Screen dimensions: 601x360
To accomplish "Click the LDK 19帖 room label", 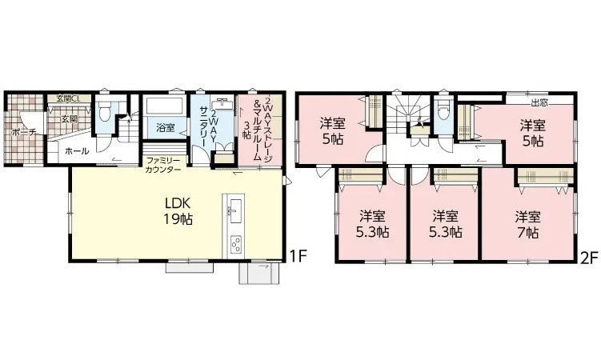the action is (x=178, y=211).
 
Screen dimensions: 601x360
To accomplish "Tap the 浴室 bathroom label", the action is (x=166, y=127).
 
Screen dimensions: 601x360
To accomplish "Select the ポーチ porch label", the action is (x=24, y=133).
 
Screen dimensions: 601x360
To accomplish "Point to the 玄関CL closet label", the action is (x=67, y=98).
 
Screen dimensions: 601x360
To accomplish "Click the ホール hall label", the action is (x=77, y=151).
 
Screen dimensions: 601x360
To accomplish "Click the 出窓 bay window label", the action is (x=539, y=102).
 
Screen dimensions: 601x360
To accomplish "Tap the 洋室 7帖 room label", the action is (x=528, y=225).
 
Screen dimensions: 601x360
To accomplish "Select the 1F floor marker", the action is (x=298, y=255).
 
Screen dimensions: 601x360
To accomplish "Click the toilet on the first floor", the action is (x=104, y=110).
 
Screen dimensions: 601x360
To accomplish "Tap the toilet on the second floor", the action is (x=443, y=111).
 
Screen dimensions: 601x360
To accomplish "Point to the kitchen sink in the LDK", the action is (x=234, y=210).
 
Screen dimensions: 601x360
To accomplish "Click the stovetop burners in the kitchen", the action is (x=235, y=244).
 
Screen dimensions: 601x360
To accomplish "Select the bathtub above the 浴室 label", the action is (x=164, y=105).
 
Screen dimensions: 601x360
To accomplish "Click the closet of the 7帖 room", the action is (x=546, y=178).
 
